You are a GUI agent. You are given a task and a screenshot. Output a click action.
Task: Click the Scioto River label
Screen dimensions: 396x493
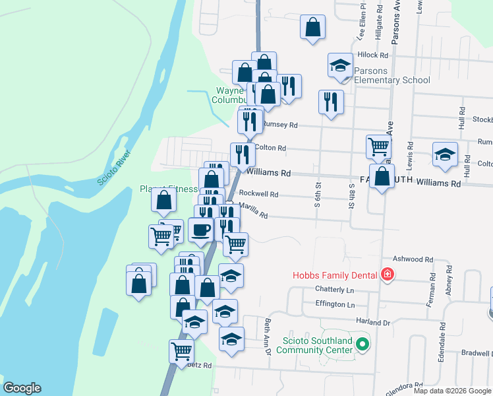coord(114,168)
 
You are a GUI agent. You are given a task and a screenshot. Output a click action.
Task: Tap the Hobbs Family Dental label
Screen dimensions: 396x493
coord(335,275)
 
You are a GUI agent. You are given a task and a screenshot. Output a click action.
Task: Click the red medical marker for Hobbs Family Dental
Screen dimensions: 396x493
coord(387,275)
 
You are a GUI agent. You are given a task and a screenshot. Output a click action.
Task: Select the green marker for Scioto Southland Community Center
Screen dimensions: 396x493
coord(362,344)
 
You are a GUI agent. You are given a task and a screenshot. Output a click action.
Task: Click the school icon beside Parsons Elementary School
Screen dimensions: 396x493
coord(340,65)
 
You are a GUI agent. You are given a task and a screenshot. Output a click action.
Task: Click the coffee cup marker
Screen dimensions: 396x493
coord(201,230)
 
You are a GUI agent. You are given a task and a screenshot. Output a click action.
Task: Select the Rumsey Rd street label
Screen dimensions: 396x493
coord(280,125)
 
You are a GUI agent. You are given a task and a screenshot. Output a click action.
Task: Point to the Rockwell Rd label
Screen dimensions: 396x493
coord(258,195)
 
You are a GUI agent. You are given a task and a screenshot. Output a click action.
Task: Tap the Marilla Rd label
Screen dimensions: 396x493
coord(253,214)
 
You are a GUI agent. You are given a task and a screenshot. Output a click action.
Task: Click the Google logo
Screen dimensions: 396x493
coord(22,388)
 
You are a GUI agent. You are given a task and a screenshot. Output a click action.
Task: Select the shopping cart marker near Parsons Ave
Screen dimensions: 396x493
coord(378,147)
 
